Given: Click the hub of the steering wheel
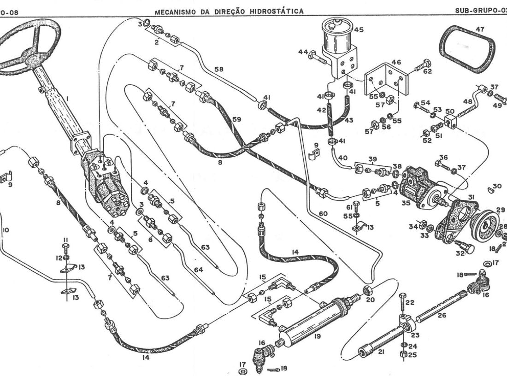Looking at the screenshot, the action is (33, 60).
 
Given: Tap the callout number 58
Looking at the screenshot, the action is (219, 69).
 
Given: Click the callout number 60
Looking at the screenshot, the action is (323, 214).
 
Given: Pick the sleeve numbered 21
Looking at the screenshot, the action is (382, 343).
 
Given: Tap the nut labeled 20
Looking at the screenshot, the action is (367, 290).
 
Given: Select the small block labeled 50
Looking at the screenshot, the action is (450, 123).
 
